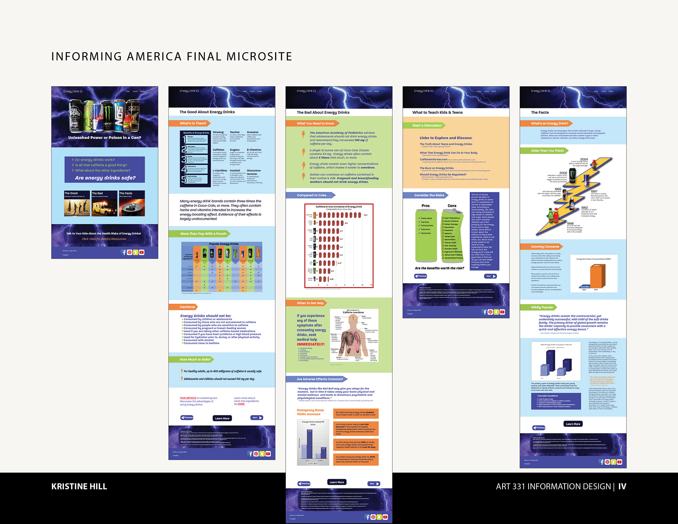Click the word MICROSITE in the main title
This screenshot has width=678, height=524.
[x=259, y=56]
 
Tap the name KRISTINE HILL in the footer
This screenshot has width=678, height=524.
[x=79, y=487]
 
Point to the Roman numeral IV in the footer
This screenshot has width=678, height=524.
[x=622, y=487]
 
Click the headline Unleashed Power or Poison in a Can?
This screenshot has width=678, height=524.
[x=105, y=138]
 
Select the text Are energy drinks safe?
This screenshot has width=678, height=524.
[x=105, y=178]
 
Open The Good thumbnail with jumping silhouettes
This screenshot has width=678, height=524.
[x=77, y=204]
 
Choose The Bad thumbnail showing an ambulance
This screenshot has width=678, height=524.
[x=104, y=204]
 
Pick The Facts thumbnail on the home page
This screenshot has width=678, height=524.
[x=132, y=204]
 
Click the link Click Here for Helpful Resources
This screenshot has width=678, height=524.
[x=104, y=239]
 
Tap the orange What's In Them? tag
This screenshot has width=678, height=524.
[x=193, y=123]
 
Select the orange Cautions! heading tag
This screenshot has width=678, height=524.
[x=187, y=307]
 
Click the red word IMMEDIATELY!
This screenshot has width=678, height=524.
[x=310, y=344]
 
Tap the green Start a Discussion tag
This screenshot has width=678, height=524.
[x=427, y=125]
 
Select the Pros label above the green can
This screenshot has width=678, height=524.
[x=426, y=206]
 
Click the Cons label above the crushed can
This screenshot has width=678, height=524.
[x=452, y=206]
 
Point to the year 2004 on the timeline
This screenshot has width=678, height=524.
[x=584, y=159]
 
